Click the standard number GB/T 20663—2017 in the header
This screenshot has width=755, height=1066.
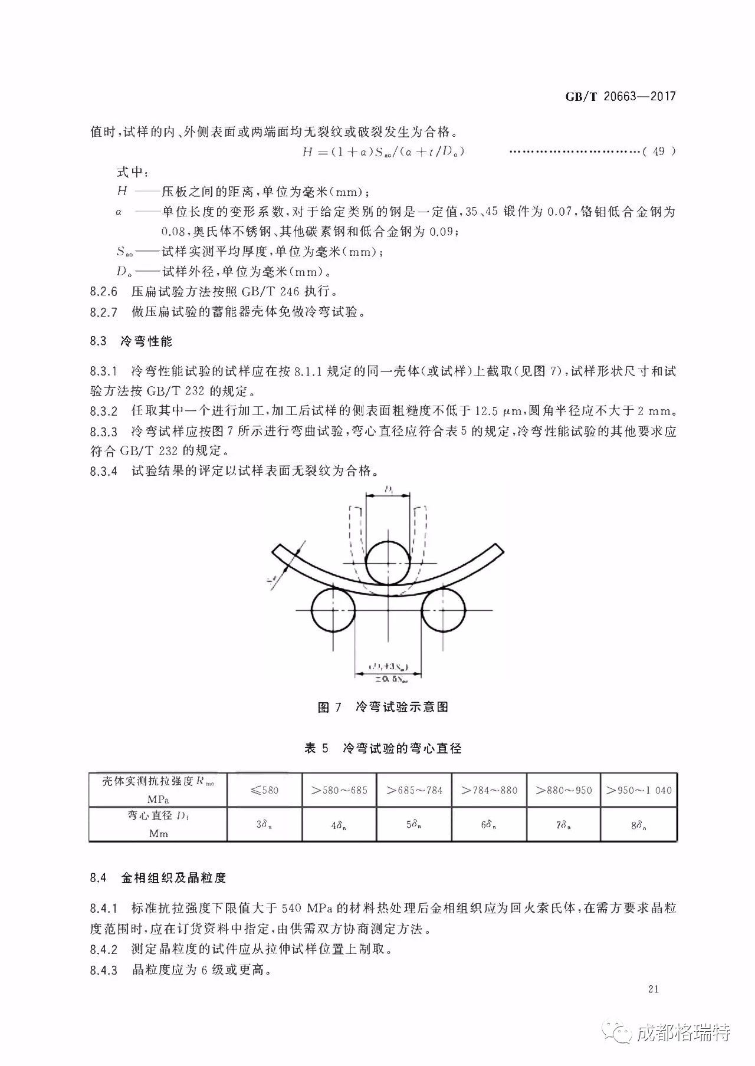620,97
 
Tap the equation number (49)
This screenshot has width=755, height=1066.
659,152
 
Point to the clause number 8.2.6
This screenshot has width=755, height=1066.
104,291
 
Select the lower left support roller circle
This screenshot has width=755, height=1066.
333,611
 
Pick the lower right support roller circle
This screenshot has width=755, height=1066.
444,611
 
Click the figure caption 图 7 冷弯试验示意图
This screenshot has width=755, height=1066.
383,707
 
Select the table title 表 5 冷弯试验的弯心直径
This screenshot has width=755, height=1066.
383,748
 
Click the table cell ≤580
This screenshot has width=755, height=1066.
264,790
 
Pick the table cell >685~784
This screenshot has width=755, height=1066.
415,790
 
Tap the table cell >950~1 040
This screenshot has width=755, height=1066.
639,790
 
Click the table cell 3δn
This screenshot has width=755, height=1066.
264,825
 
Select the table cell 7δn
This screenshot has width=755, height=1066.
563,825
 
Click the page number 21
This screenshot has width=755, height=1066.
652,989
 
